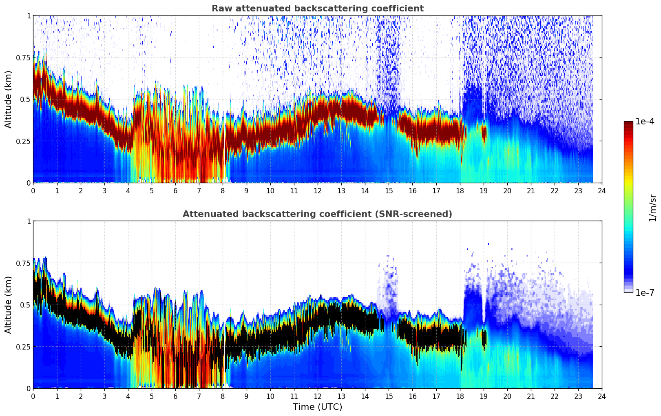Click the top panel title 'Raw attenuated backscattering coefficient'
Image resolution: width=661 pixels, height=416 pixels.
click(317, 9)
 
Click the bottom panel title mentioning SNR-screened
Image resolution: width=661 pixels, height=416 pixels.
click(317, 214)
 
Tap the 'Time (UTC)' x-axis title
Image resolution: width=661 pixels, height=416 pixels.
click(317, 407)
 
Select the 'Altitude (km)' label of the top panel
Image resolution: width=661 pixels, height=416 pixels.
click(9, 99)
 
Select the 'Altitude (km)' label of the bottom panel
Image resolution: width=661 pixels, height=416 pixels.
click(9, 305)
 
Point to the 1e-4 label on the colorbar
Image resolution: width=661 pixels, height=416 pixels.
click(645, 122)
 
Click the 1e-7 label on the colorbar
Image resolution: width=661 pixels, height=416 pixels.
click(645, 293)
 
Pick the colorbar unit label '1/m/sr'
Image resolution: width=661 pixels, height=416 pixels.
click(652, 208)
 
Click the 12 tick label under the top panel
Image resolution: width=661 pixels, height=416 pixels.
click(317, 190)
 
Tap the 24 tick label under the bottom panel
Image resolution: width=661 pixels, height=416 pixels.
click(601, 396)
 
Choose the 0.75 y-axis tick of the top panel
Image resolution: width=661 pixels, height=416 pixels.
click(23, 58)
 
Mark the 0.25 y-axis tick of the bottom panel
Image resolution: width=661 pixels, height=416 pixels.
click(23, 347)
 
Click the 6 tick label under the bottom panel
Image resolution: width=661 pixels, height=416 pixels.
click(175, 396)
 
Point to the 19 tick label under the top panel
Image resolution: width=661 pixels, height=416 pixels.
click(483, 190)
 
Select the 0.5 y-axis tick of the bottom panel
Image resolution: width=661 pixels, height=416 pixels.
click(25, 305)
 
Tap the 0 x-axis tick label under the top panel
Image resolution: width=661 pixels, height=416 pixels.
click(33, 190)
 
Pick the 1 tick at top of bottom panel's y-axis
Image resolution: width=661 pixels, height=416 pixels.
click(29, 221)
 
